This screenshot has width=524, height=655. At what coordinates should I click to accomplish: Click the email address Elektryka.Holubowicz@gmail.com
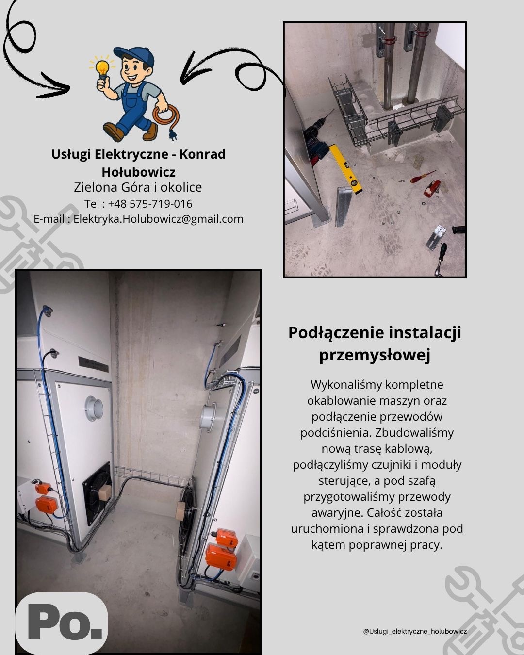pos(158,219)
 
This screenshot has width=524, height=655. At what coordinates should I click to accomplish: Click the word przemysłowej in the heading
pos(375,355)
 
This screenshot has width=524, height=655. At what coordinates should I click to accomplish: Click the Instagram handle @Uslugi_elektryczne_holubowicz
pos(415,631)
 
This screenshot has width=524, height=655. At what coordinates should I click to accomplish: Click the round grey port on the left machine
pos(93,407)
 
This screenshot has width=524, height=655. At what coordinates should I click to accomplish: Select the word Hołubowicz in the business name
pos(138,172)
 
